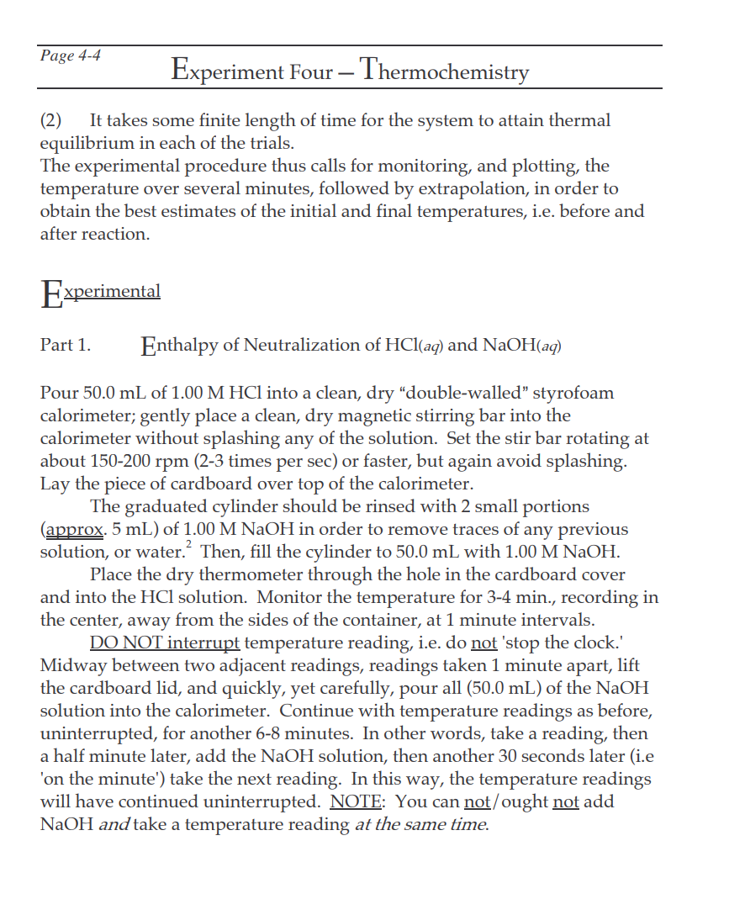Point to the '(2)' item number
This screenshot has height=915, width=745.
click(52, 120)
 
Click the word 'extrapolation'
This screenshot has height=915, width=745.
click(511, 188)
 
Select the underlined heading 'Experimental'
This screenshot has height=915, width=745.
click(101, 293)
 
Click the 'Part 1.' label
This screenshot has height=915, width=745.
click(66, 345)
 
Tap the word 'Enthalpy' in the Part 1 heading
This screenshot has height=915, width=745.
click(179, 345)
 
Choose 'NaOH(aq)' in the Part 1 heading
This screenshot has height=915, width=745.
click(522, 345)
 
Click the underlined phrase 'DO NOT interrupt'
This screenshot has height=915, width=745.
click(165, 643)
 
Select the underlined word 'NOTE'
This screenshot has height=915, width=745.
click(357, 801)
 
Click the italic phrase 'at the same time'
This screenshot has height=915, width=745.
click(420, 824)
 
